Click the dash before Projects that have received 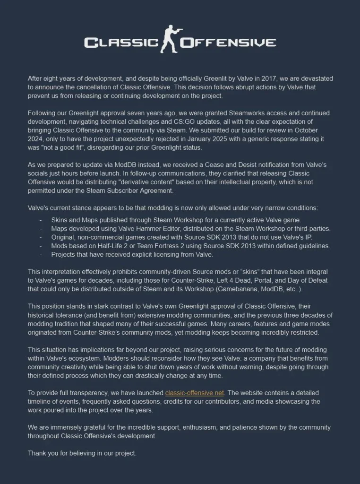[41, 254]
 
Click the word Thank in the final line [37, 453]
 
